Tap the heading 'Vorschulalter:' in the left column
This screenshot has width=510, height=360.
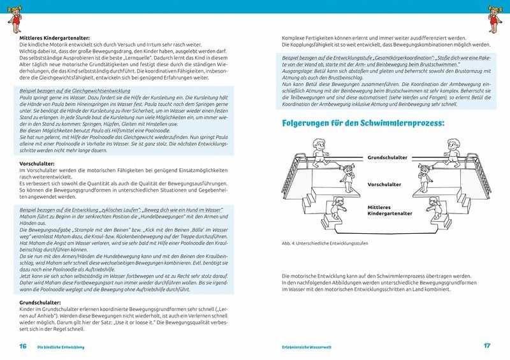(x=37, y=164)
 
